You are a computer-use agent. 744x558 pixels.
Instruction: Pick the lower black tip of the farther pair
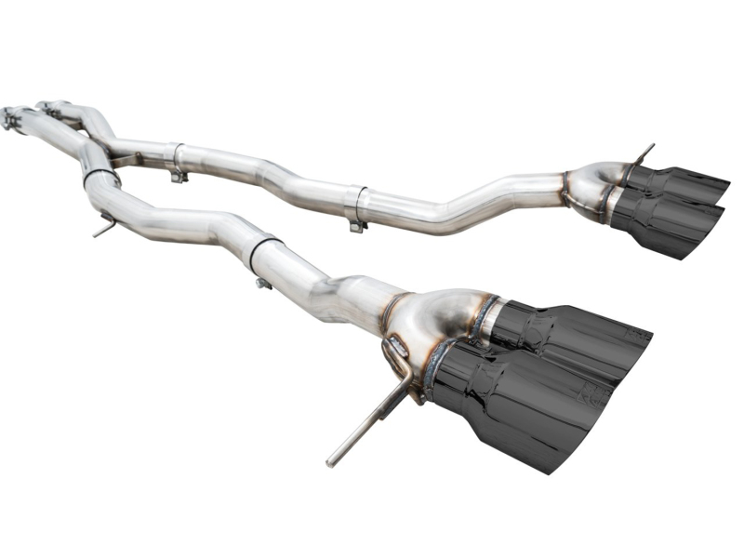670,223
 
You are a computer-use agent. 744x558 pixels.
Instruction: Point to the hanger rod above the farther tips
643,153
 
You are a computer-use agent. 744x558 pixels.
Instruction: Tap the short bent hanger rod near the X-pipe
105,226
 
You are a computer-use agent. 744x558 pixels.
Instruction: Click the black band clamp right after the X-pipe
100,174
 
